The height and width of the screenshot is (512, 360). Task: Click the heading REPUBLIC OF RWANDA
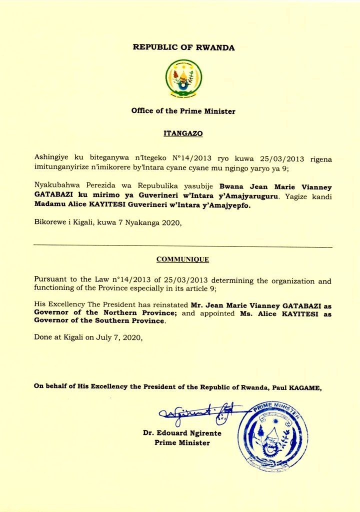(183, 47)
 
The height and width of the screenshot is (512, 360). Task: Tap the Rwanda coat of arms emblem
(183, 78)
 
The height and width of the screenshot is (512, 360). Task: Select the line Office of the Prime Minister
(183, 111)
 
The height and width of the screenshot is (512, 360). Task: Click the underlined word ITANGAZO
(183, 134)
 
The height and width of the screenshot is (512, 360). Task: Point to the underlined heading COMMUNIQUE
(182, 259)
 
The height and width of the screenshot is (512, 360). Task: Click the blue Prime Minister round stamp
(272, 436)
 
